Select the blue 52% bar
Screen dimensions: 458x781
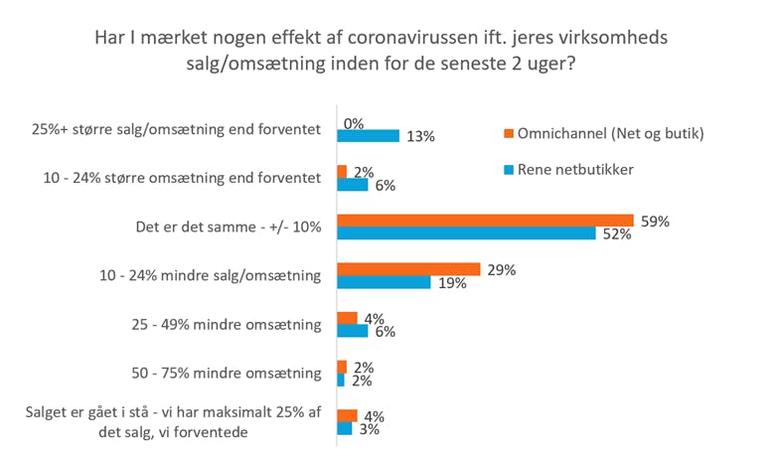[467, 233]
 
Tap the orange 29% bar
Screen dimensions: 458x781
[408, 269]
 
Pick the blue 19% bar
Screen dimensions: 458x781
[384, 282]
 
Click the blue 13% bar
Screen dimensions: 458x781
[368, 136]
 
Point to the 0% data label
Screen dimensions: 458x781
[354, 123]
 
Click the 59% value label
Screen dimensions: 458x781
[656, 222]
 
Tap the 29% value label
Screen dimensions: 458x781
[502, 269]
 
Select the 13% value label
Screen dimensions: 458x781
[420, 137]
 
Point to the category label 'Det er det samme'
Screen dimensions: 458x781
[228, 228]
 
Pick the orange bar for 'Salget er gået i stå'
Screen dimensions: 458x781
[347, 415]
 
